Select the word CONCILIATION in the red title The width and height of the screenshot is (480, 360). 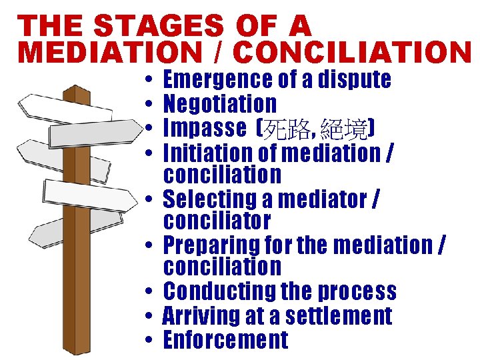click(x=353, y=53)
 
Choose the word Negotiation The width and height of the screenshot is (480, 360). click(x=220, y=104)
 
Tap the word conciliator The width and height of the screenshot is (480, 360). click(x=217, y=221)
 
